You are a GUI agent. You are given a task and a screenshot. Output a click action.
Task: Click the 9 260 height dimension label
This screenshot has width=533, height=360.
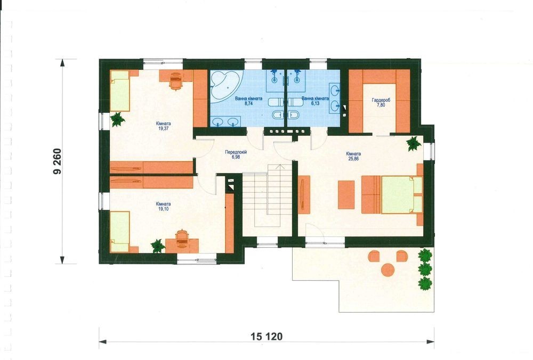point(58,161)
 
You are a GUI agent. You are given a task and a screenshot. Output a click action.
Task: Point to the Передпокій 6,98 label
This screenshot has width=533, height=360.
point(236,155)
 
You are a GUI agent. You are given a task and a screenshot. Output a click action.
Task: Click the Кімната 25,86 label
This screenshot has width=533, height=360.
point(353,156)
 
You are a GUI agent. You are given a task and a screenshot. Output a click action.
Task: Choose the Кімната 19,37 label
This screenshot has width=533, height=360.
point(164,126)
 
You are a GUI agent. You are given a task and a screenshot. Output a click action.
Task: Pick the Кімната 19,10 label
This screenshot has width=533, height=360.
point(164,207)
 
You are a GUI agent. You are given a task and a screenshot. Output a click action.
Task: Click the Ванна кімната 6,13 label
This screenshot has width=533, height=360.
point(315,101)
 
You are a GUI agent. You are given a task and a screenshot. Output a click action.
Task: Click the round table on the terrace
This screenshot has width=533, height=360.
point(388,271)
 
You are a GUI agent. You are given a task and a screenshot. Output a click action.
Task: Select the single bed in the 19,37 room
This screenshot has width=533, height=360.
point(120,91)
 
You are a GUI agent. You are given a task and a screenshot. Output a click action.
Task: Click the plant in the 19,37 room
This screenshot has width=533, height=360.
point(117,119)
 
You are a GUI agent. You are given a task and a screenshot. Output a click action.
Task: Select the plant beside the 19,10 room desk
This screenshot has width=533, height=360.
point(158,246)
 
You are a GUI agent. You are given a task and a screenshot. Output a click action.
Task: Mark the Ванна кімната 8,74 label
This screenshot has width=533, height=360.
point(249,101)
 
